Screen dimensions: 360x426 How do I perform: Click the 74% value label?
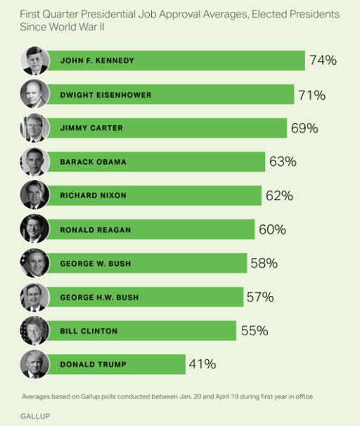pos(323,60)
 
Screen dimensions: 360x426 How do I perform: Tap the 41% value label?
pos(202,364)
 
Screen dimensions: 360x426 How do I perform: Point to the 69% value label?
pos(304,128)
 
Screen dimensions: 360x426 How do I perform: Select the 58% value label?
pos(264,263)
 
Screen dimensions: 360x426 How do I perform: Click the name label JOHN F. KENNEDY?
pos(97,60)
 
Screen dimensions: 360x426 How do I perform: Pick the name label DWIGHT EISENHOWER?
pos(105,95)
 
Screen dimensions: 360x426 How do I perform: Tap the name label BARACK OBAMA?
pos(94,162)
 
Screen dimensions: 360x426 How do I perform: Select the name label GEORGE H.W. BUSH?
pos(99,297)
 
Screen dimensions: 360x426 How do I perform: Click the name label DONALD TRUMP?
pos(94,364)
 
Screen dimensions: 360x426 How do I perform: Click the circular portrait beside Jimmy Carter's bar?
pos(34,128)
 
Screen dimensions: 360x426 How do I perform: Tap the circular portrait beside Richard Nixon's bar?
pos(34,195)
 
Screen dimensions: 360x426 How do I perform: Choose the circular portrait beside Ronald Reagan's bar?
pos(34,228)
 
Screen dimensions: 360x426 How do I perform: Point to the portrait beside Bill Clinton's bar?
pos(34,330)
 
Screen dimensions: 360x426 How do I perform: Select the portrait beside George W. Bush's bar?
pos(34,263)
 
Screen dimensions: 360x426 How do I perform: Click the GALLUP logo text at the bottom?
pos(35,416)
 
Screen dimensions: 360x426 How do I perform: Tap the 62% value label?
pos(279,195)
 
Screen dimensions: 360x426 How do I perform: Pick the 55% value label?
pos(255,330)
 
